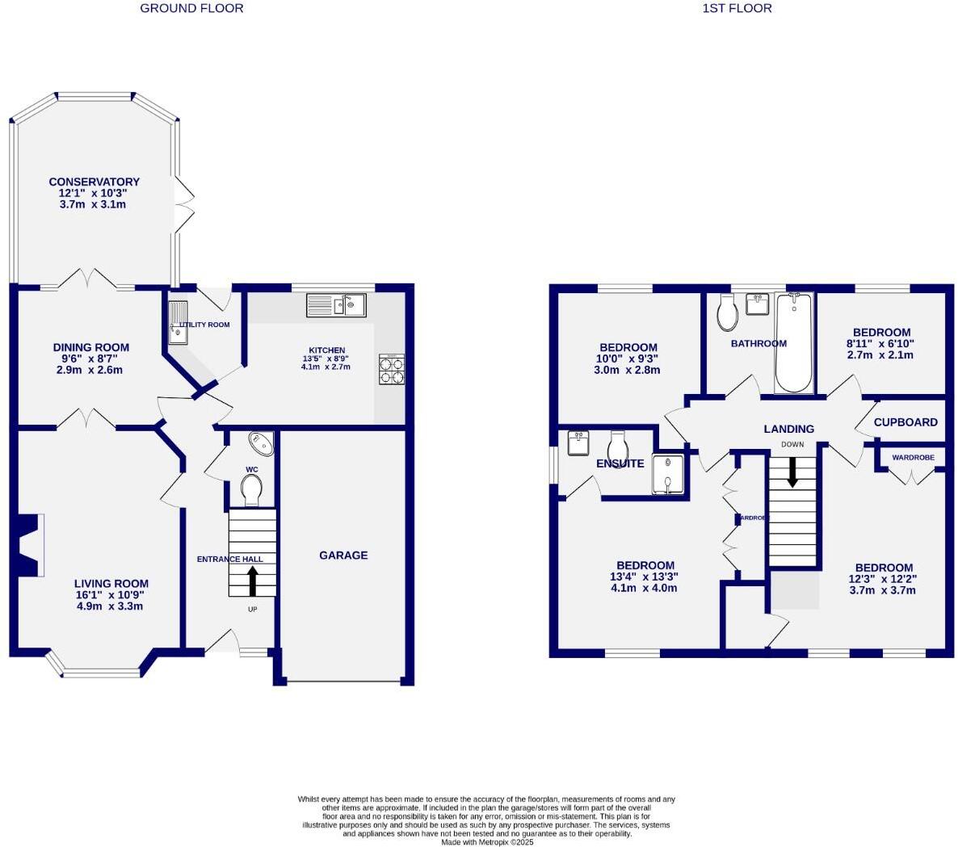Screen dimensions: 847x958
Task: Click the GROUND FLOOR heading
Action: (191, 8)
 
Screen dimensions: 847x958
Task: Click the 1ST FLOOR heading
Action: (737, 8)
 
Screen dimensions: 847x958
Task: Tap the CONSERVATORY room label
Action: (94, 182)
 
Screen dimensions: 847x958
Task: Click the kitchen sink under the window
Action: (336, 305)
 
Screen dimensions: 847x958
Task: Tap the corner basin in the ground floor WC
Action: (262, 443)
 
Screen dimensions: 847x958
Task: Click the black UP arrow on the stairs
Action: (252, 581)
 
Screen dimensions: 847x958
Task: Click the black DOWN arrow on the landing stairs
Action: (792, 472)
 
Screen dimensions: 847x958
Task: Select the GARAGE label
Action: (343, 556)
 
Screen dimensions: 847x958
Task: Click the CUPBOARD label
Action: (905, 422)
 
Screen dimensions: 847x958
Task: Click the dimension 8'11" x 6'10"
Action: (882, 343)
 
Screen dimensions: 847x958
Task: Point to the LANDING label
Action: (789, 429)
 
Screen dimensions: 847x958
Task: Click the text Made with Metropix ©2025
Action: (487, 842)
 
